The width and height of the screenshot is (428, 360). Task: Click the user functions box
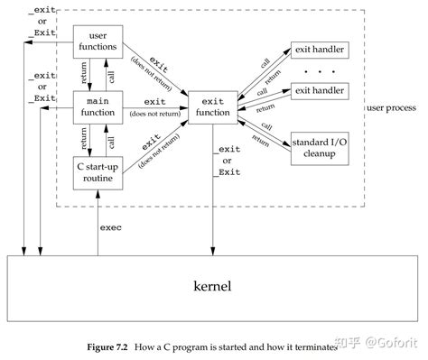pos(98,40)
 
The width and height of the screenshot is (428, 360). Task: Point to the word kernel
pos(214,287)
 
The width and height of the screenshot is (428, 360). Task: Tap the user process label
pos(393,107)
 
